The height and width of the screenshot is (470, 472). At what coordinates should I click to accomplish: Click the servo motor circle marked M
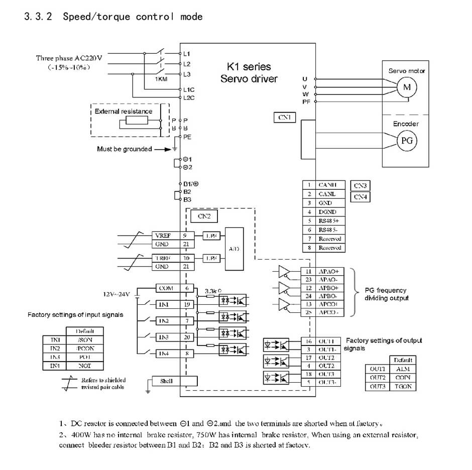pos(407,87)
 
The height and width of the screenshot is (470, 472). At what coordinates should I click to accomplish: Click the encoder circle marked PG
pos(407,141)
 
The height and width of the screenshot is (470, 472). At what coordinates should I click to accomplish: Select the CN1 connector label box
pos(285,117)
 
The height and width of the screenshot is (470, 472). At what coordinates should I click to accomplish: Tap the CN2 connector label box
pos(204,216)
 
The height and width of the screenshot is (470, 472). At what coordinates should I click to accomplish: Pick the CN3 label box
pos(360,186)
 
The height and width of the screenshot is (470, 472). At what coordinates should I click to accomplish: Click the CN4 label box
pos(360,197)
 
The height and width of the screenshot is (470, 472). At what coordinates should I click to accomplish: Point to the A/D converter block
pos(234,249)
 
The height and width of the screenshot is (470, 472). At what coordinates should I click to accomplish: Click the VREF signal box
pos(162,235)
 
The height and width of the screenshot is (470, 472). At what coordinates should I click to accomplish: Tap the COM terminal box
pos(166,288)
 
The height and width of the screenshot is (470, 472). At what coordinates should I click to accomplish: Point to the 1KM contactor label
pos(161,79)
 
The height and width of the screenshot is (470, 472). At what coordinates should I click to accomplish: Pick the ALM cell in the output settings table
pos(403,369)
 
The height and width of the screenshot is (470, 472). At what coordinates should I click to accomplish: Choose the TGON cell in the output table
pos(403,387)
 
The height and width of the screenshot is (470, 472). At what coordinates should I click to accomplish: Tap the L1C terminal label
pos(188,89)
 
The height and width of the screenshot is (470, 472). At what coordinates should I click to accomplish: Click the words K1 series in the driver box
pos(249,67)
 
